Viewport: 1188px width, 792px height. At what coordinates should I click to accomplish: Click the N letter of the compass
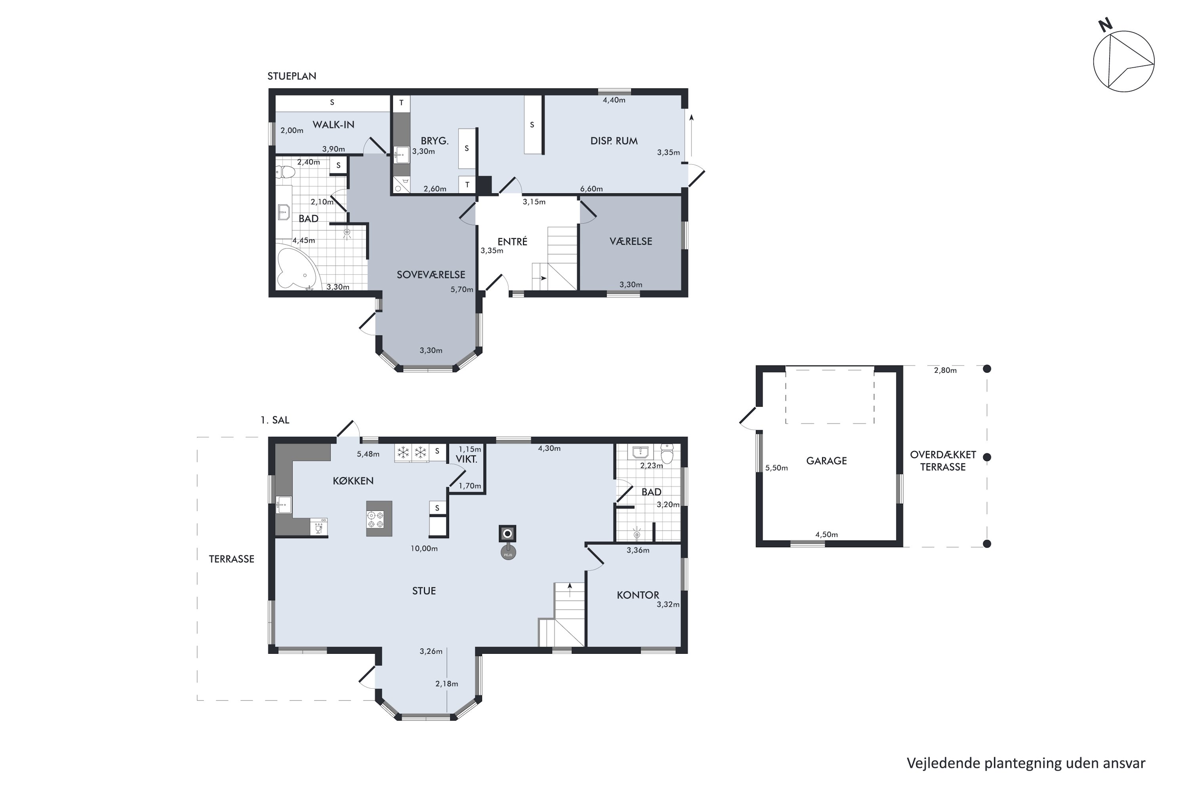[x=1105, y=25]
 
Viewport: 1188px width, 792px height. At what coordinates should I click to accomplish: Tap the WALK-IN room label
[x=333, y=125]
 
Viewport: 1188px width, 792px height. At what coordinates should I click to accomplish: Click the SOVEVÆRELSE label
[x=431, y=275]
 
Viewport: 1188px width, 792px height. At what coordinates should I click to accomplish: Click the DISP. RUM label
[x=614, y=141]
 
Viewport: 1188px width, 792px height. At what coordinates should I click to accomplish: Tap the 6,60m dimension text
[x=592, y=189]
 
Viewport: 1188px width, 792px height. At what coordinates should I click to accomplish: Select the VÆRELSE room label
[x=631, y=242]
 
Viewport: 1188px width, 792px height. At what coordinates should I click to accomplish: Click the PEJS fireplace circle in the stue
[x=508, y=554]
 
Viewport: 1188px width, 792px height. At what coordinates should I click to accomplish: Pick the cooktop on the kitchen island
[x=376, y=520]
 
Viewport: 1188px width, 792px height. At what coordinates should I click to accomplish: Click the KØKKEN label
[x=353, y=481]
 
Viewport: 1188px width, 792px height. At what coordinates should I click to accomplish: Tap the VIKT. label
[x=467, y=459]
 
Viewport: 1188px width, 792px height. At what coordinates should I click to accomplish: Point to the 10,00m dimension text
[x=424, y=548]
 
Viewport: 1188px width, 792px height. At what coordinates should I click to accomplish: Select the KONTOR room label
[x=638, y=595]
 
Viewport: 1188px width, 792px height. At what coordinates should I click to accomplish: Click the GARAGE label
[x=826, y=461]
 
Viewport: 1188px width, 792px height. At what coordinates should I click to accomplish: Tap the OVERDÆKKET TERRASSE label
[x=943, y=461]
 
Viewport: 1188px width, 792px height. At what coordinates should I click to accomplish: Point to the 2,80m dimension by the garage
[x=945, y=370]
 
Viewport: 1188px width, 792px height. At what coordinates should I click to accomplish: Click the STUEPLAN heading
[x=292, y=76]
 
